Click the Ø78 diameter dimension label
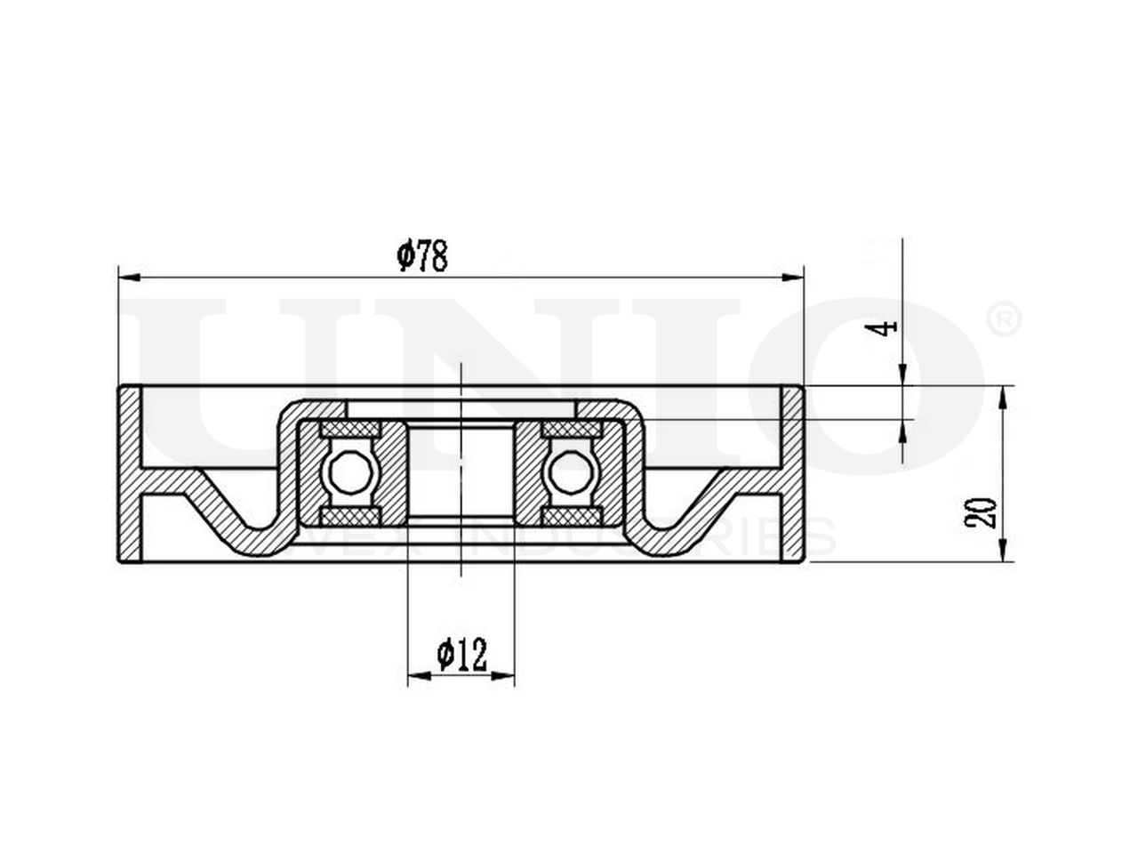[421, 257]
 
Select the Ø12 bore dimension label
[462, 656]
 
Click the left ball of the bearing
[349, 471]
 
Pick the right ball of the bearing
[571, 471]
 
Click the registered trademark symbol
[1004, 319]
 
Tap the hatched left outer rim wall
[130, 474]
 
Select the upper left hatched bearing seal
[349, 430]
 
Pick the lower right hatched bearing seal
[571, 517]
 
